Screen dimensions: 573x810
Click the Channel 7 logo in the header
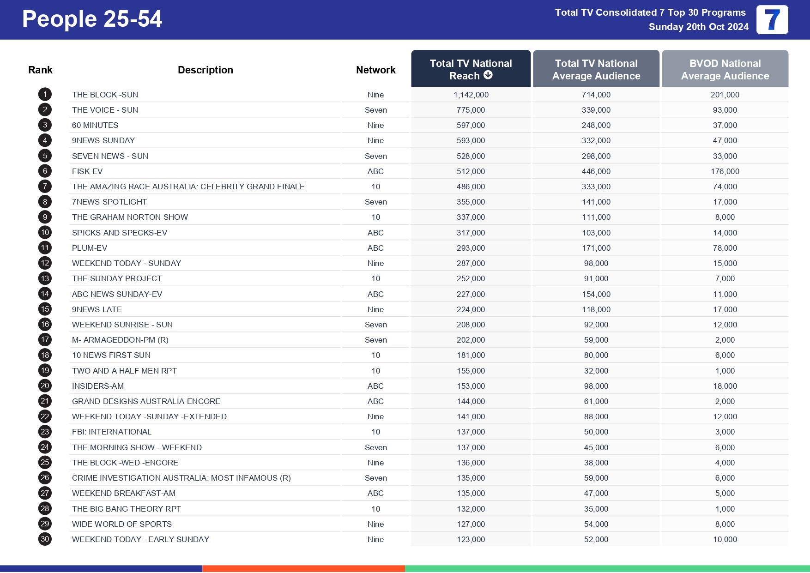[x=772, y=20]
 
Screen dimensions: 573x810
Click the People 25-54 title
[x=92, y=19]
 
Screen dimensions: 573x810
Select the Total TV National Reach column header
[x=471, y=69]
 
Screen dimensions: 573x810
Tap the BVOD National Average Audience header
[x=725, y=69]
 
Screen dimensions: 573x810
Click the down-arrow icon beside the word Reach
[x=488, y=75]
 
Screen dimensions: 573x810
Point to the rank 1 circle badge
[x=45, y=95]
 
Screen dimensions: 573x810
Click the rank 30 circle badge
[x=45, y=539]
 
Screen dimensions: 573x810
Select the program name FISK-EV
[x=87, y=171]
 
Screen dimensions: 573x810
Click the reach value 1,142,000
[x=471, y=95]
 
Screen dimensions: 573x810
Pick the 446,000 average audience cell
[x=596, y=171]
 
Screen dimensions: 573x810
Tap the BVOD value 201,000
[x=725, y=95]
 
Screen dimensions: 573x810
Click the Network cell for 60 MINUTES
[x=375, y=125]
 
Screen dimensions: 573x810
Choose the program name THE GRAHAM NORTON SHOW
[x=130, y=217]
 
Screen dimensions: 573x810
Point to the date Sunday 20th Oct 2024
[x=698, y=27]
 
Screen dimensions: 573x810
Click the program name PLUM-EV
[x=90, y=248]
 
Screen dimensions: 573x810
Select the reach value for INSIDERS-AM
[x=471, y=386]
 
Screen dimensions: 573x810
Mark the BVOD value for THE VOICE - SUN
[x=725, y=110]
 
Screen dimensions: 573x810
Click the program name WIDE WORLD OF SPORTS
[x=122, y=524]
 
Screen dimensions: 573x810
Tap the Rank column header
[x=40, y=70]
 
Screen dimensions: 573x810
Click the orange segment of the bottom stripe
[x=303, y=568]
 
